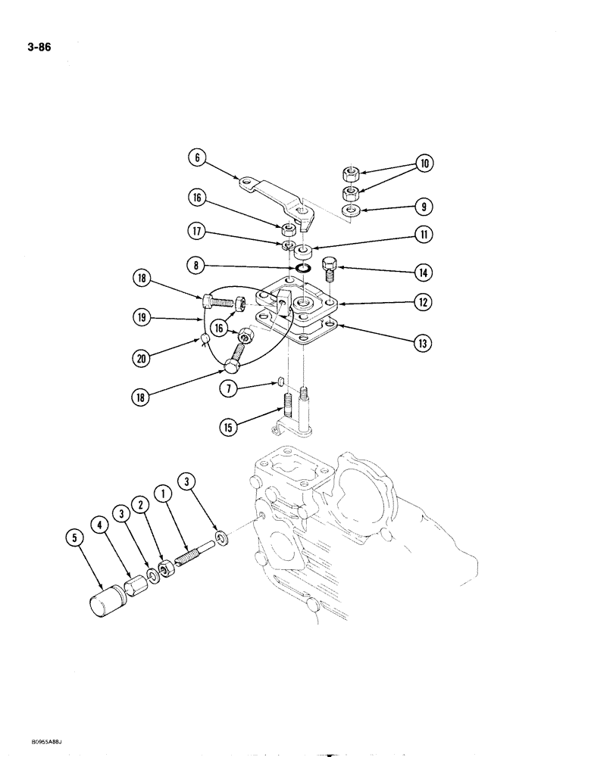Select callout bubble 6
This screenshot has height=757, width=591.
click(x=197, y=158)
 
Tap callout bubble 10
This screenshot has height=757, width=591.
click(x=424, y=164)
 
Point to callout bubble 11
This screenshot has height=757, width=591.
click(x=424, y=235)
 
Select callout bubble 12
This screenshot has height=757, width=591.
click(x=424, y=304)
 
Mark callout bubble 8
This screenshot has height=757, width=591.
click(x=197, y=266)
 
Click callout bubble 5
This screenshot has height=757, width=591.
click(x=74, y=540)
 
